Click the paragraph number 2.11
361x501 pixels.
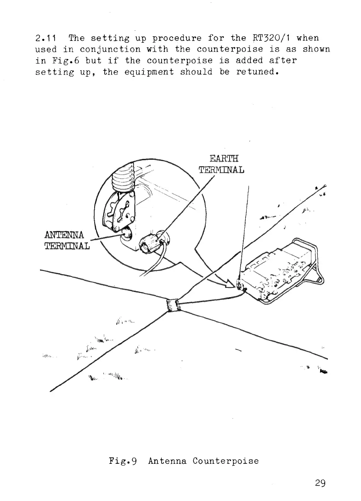pos(47,37)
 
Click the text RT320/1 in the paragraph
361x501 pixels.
pos(268,37)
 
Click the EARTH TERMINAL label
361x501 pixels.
pos(222,164)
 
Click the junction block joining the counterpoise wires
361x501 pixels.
pos(173,304)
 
